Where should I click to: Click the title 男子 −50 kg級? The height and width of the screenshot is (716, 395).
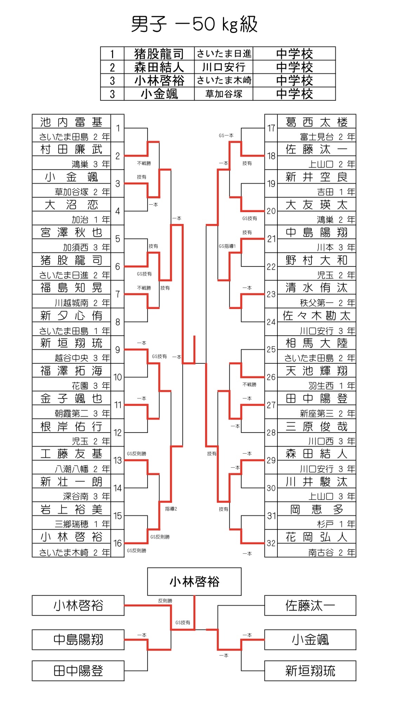click(x=194, y=24)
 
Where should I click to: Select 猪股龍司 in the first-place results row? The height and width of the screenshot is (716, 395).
click(x=159, y=54)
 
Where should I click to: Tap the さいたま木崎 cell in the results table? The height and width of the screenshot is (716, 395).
click(x=224, y=80)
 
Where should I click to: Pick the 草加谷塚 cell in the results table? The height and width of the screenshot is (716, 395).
click(x=224, y=94)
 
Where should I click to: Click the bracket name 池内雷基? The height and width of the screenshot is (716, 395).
click(x=71, y=122)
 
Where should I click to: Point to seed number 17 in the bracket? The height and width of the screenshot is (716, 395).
click(x=271, y=128)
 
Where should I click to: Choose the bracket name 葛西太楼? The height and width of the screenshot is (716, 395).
click(x=316, y=122)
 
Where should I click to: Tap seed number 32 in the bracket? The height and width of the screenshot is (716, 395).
click(x=271, y=543)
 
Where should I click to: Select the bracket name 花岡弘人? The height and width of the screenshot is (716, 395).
click(x=316, y=537)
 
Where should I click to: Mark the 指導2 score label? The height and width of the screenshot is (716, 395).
click(x=171, y=509)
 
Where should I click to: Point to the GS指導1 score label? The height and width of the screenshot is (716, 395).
click(x=227, y=246)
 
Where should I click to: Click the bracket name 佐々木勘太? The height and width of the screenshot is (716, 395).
click(x=316, y=315)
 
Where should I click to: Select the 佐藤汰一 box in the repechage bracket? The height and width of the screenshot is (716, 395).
click(x=310, y=605)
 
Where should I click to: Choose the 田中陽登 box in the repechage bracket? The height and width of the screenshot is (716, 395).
click(x=78, y=671)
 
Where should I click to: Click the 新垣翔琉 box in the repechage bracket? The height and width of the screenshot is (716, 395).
click(x=310, y=671)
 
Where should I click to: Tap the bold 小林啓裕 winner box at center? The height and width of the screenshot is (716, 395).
click(x=194, y=582)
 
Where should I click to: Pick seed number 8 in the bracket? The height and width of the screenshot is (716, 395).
click(x=118, y=322)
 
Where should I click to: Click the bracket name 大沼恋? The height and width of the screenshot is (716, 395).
click(x=71, y=205)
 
